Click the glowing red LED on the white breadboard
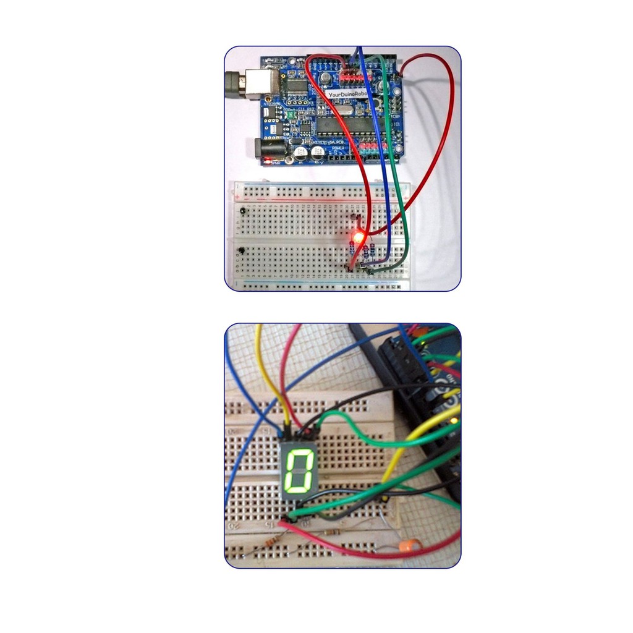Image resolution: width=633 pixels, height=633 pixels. pyautogui.click(x=357, y=236)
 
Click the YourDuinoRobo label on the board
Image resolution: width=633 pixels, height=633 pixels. pyautogui.click(x=349, y=94)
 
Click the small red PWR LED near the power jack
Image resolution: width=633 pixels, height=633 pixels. pyautogui.click(x=268, y=161)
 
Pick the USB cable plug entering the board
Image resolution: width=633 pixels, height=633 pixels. pyautogui.click(x=234, y=83)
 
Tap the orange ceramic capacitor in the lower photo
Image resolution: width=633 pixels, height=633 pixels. pyautogui.click(x=409, y=546)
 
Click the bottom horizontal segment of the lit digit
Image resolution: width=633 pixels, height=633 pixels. pyautogui.click(x=297, y=491)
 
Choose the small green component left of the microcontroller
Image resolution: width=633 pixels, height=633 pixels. pyautogui.click(x=287, y=114)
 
